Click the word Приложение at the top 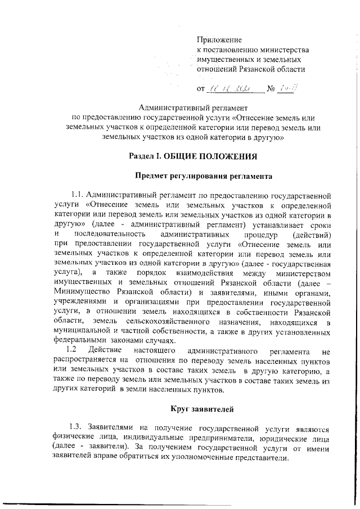(x=219, y=40)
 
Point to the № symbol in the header (x=270, y=88)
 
